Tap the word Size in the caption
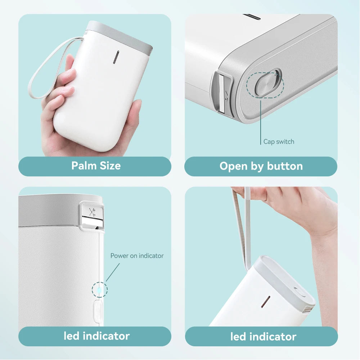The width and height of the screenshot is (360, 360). click(109, 166)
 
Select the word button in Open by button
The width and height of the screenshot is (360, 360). click(285, 166)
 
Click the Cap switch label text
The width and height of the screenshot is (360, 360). click(278, 142)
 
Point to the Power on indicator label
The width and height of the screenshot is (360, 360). click(137, 256)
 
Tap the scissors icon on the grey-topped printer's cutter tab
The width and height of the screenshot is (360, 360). click(92, 212)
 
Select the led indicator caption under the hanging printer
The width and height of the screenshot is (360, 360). click(263, 337)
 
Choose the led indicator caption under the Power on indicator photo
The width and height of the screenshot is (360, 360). click(96, 336)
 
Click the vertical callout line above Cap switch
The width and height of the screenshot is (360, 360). click(261, 122)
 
